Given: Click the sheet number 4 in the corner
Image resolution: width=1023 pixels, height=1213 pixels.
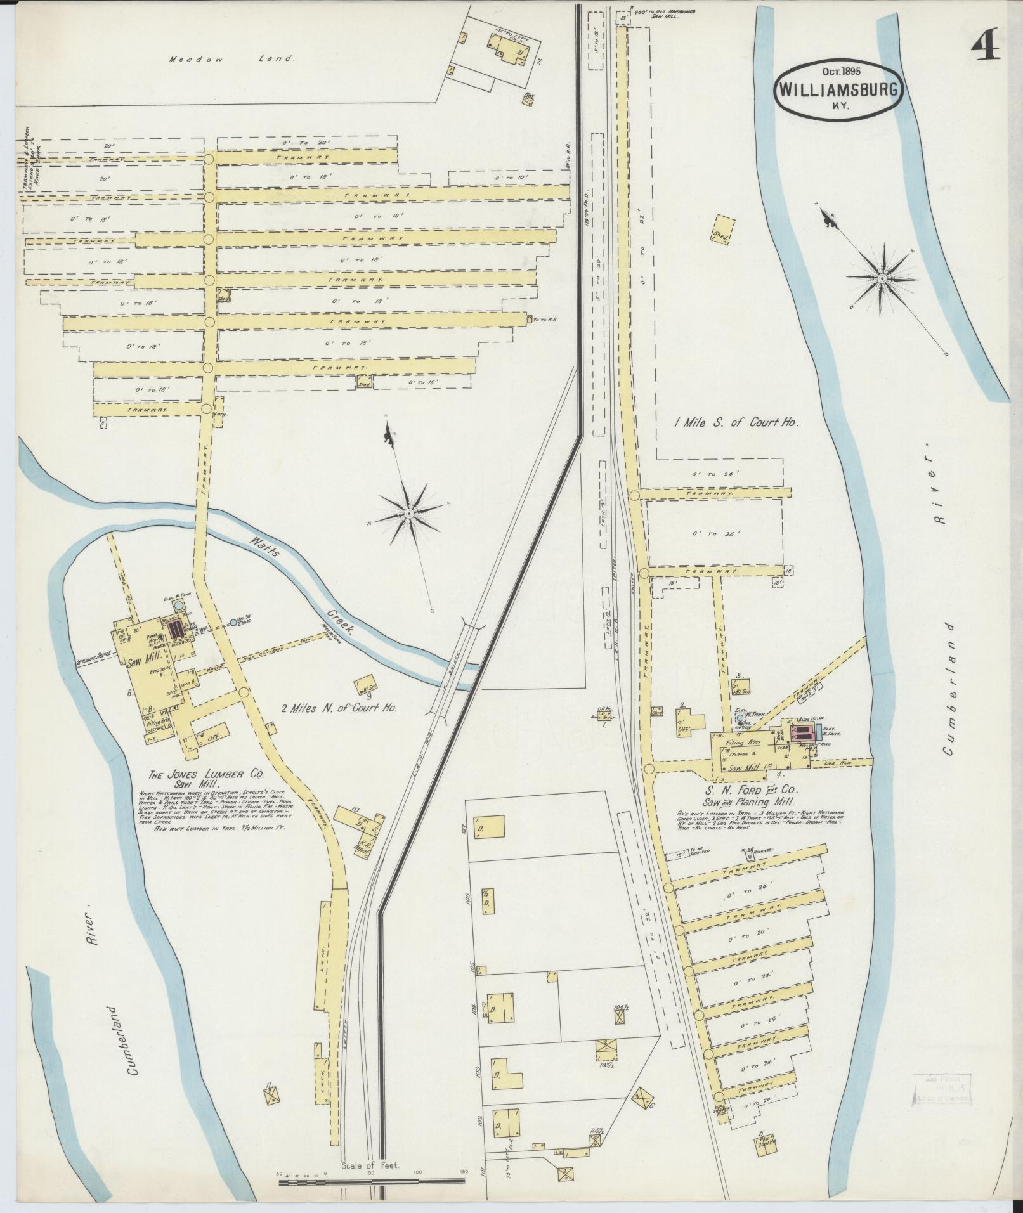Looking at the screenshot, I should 986,46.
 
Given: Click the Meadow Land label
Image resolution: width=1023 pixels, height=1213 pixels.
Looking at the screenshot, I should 232,59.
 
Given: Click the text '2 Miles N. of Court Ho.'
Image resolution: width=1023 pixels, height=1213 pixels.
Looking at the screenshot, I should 339,708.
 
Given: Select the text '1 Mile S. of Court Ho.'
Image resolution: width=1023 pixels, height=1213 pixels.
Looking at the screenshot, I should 736,422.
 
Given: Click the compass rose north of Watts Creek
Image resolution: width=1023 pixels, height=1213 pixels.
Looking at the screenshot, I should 410,512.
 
